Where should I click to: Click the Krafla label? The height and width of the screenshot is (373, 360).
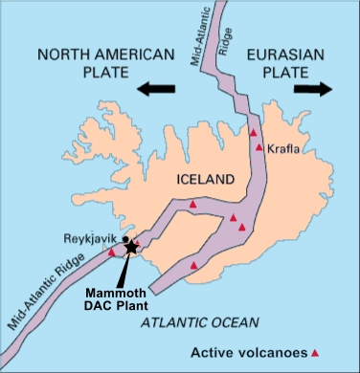(x=282, y=147)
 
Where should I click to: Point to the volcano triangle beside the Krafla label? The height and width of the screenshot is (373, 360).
(x=259, y=147)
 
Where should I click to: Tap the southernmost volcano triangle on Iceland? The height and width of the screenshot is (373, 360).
(x=194, y=265)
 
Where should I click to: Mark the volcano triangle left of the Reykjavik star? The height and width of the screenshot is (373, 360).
(x=113, y=252)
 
